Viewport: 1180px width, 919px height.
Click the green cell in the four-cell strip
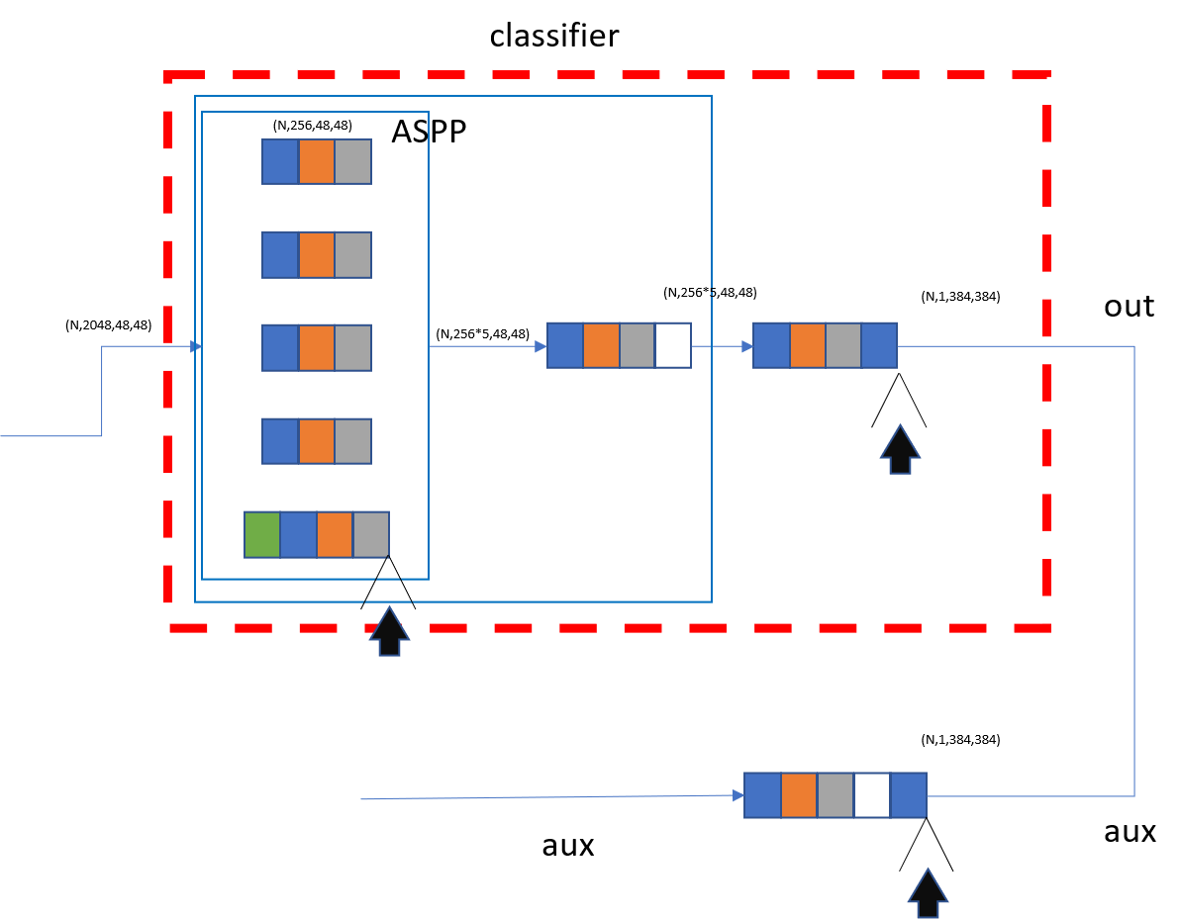pos(262,534)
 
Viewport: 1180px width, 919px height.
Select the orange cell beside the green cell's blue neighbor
pos(335,534)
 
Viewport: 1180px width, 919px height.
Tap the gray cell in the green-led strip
pos(371,534)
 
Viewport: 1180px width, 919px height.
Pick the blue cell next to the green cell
pos(298,534)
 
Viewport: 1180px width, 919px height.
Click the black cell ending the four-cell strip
pos(673,345)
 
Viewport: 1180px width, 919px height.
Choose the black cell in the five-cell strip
pos(872,795)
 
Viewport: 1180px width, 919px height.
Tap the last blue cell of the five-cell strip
pos(909,795)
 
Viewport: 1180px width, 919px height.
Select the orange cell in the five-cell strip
pos(799,795)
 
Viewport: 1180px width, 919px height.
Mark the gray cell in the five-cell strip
pos(836,795)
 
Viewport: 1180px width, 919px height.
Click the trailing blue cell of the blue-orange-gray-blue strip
pos(879,345)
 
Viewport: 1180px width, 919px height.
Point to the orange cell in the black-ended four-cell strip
pos(601,345)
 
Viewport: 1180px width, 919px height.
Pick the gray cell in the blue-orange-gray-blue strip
pos(843,345)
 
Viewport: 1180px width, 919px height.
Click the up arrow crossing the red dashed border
pos(389,630)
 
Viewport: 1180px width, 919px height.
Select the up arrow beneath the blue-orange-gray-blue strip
pos(900,449)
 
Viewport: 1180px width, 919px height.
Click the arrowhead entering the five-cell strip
pos(738,795)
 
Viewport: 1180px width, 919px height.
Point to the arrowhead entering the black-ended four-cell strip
pos(541,346)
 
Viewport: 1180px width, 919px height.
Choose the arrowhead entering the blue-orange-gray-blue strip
pos(747,346)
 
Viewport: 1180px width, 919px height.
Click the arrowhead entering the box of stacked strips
pos(196,346)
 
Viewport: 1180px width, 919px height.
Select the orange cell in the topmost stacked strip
pos(317,161)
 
